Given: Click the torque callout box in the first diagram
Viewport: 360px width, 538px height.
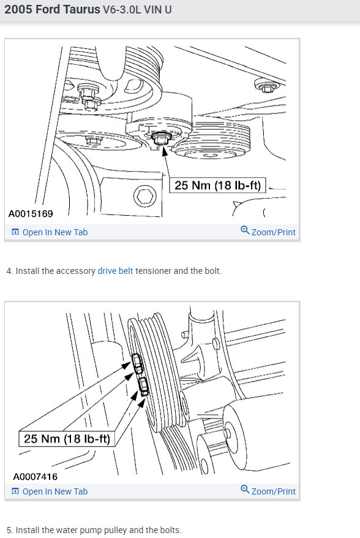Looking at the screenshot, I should [220, 184].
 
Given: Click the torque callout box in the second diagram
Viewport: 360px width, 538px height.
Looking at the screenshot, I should [67, 439].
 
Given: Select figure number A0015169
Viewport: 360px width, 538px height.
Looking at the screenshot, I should [31, 214].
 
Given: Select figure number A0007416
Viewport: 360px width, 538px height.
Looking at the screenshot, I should [36, 476].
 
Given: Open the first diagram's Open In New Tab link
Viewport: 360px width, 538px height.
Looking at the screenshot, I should [54, 232].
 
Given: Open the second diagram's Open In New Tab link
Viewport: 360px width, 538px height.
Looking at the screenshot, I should [54, 491].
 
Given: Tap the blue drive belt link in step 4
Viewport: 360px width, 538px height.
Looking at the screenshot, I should [115, 270].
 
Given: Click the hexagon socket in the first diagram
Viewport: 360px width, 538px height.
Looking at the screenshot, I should [144, 197].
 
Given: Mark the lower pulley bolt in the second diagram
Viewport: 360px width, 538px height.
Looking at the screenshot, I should [144, 386].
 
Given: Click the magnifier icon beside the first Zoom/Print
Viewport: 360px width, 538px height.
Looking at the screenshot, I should [245, 231].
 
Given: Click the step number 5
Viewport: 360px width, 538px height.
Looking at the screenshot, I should [9, 529].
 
